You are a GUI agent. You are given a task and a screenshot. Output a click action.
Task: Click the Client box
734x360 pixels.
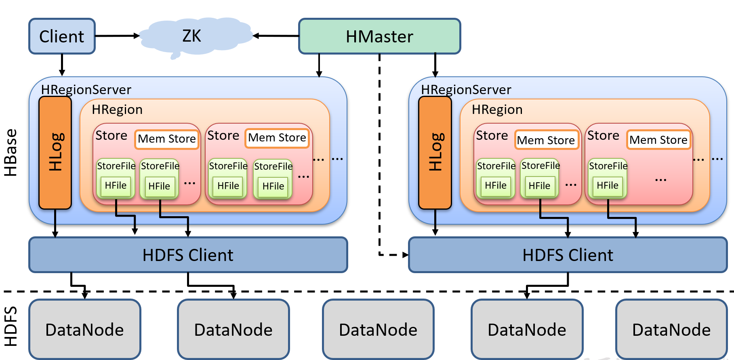(x=62, y=36)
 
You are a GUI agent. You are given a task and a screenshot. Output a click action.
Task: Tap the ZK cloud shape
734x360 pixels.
(x=192, y=36)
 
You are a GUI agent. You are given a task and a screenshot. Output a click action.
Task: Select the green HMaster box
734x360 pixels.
(x=379, y=36)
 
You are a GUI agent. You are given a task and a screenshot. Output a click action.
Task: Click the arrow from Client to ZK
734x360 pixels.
(x=117, y=36)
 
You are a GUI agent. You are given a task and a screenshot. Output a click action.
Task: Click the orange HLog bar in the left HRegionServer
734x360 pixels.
(x=55, y=152)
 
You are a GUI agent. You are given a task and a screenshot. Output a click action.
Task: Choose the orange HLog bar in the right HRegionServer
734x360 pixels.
(x=435, y=152)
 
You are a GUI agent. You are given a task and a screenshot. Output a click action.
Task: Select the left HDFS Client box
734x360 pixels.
(x=188, y=255)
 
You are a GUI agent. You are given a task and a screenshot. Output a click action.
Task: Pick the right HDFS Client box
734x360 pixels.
(x=568, y=255)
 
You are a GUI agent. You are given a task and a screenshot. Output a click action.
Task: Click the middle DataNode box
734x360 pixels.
(x=378, y=329)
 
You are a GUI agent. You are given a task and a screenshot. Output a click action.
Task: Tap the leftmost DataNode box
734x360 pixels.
(x=85, y=329)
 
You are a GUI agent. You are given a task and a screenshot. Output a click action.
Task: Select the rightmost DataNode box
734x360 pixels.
(x=671, y=329)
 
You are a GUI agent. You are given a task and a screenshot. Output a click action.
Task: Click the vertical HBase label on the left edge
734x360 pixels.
(x=11, y=153)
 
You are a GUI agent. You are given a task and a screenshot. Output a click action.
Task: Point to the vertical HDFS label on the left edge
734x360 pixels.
(x=11, y=326)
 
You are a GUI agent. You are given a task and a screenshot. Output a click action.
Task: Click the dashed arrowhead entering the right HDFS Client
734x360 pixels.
(x=405, y=255)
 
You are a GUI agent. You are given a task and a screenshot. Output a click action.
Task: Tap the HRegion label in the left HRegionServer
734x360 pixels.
(x=117, y=109)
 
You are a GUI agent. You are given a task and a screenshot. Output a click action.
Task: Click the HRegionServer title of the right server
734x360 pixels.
(x=466, y=89)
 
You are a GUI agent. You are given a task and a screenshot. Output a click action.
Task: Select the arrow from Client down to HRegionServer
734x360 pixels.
(x=62, y=65)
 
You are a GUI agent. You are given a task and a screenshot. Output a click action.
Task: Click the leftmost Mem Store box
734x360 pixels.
(x=167, y=139)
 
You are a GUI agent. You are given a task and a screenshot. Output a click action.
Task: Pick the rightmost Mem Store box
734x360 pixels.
(x=658, y=140)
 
